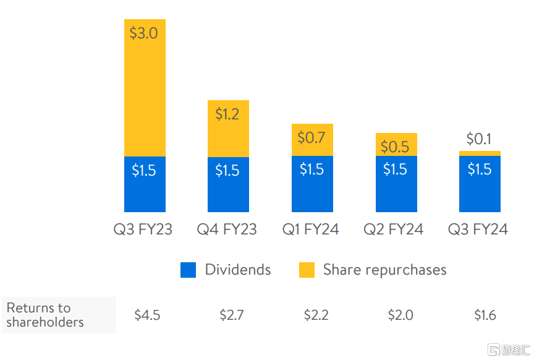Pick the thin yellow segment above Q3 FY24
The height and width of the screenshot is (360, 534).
tap(480, 153)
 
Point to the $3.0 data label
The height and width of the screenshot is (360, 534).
tap(143, 33)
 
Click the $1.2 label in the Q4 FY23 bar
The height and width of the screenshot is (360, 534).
tap(227, 114)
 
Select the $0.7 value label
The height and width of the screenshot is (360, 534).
tap(311, 137)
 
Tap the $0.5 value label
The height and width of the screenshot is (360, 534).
tap(396, 147)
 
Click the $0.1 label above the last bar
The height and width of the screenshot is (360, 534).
tap(480, 139)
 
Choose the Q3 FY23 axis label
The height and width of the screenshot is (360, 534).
tap(143, 230)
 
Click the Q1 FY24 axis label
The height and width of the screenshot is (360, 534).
tap(311, 230)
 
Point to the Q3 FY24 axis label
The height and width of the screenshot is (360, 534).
tap(478, 230)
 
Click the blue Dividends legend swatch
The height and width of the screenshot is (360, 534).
tap(189, 270)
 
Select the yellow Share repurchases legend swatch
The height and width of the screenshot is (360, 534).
tap(307, 270)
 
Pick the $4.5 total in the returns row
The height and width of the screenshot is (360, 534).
tap(147, 315)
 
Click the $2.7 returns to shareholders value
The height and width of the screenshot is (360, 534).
tap(232, 315)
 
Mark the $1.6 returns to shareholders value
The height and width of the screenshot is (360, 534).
tap(485, 315)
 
